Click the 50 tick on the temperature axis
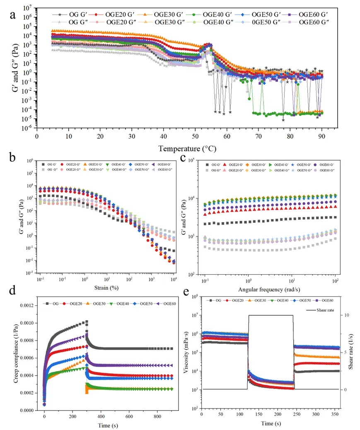pyautogui.click(x=195, y=136)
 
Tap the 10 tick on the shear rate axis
pyautogui.click(x=345, y=315)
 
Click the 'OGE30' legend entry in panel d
pyautogui.click(x=105, y=304)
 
